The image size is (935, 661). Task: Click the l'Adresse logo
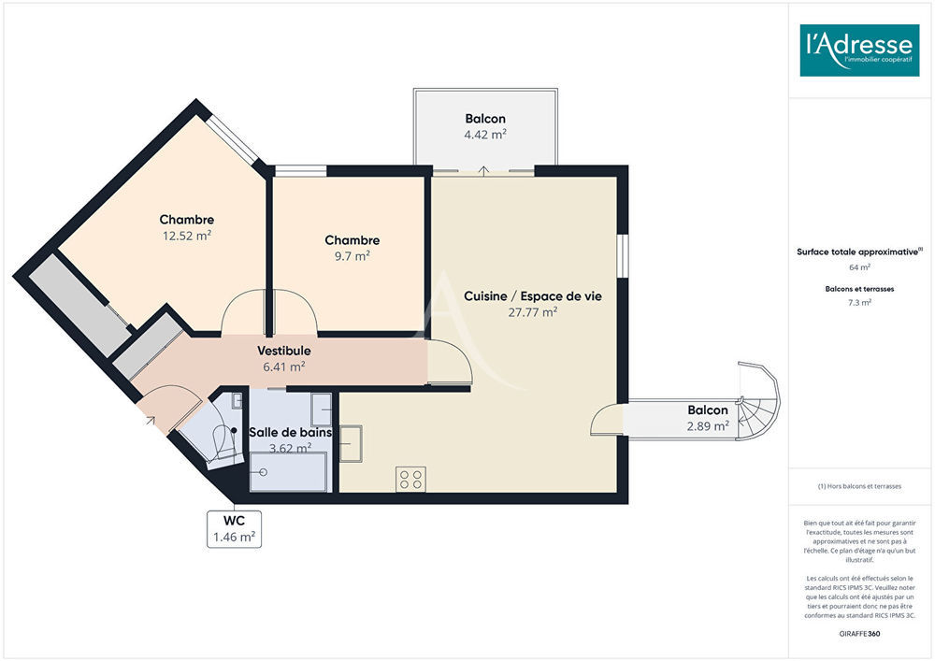pyautogui.click(x=859, y=50)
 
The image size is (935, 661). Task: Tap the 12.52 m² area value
pyautogui.click(x=187, y=236)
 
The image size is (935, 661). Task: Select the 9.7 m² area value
pyautogui.click(x=352, y=255)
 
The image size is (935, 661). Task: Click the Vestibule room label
pyautogui.click(x=284, y=351)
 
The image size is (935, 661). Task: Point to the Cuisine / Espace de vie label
pyautogui.click(x=533, y=296)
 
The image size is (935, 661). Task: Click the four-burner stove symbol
pyautogui.click(x=410, y=480)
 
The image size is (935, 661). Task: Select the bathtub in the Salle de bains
pyautogui.click(x=288, y=472)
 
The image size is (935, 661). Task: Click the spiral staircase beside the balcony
pyautogui.click(x=757, y=401)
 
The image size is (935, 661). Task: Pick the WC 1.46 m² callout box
pyautogui.click(x=235, y=528)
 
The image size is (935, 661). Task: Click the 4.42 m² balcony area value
pyautogui.click(x=485, y=135)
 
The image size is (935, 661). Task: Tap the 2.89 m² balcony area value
pyautogui.click(x=708, y=426)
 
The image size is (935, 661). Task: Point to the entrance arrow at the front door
pyautogui.click(x=151, y=421)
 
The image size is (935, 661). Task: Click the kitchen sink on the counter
pyautogui.click(x=351, y=443)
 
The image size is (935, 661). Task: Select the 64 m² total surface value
pyautogui.click(x=859, y=267)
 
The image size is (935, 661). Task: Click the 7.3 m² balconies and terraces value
pyautogui.click(x=859, y=303)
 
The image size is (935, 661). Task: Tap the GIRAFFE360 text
pyautogui.click(x=859, y=634)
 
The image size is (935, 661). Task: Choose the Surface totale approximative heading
pyautogui.click(x=859, y=251)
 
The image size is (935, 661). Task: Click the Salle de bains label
pyautogui.click(x=290, y=432)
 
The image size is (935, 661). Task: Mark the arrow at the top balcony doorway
pyautogui.click(x=483, y=171)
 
